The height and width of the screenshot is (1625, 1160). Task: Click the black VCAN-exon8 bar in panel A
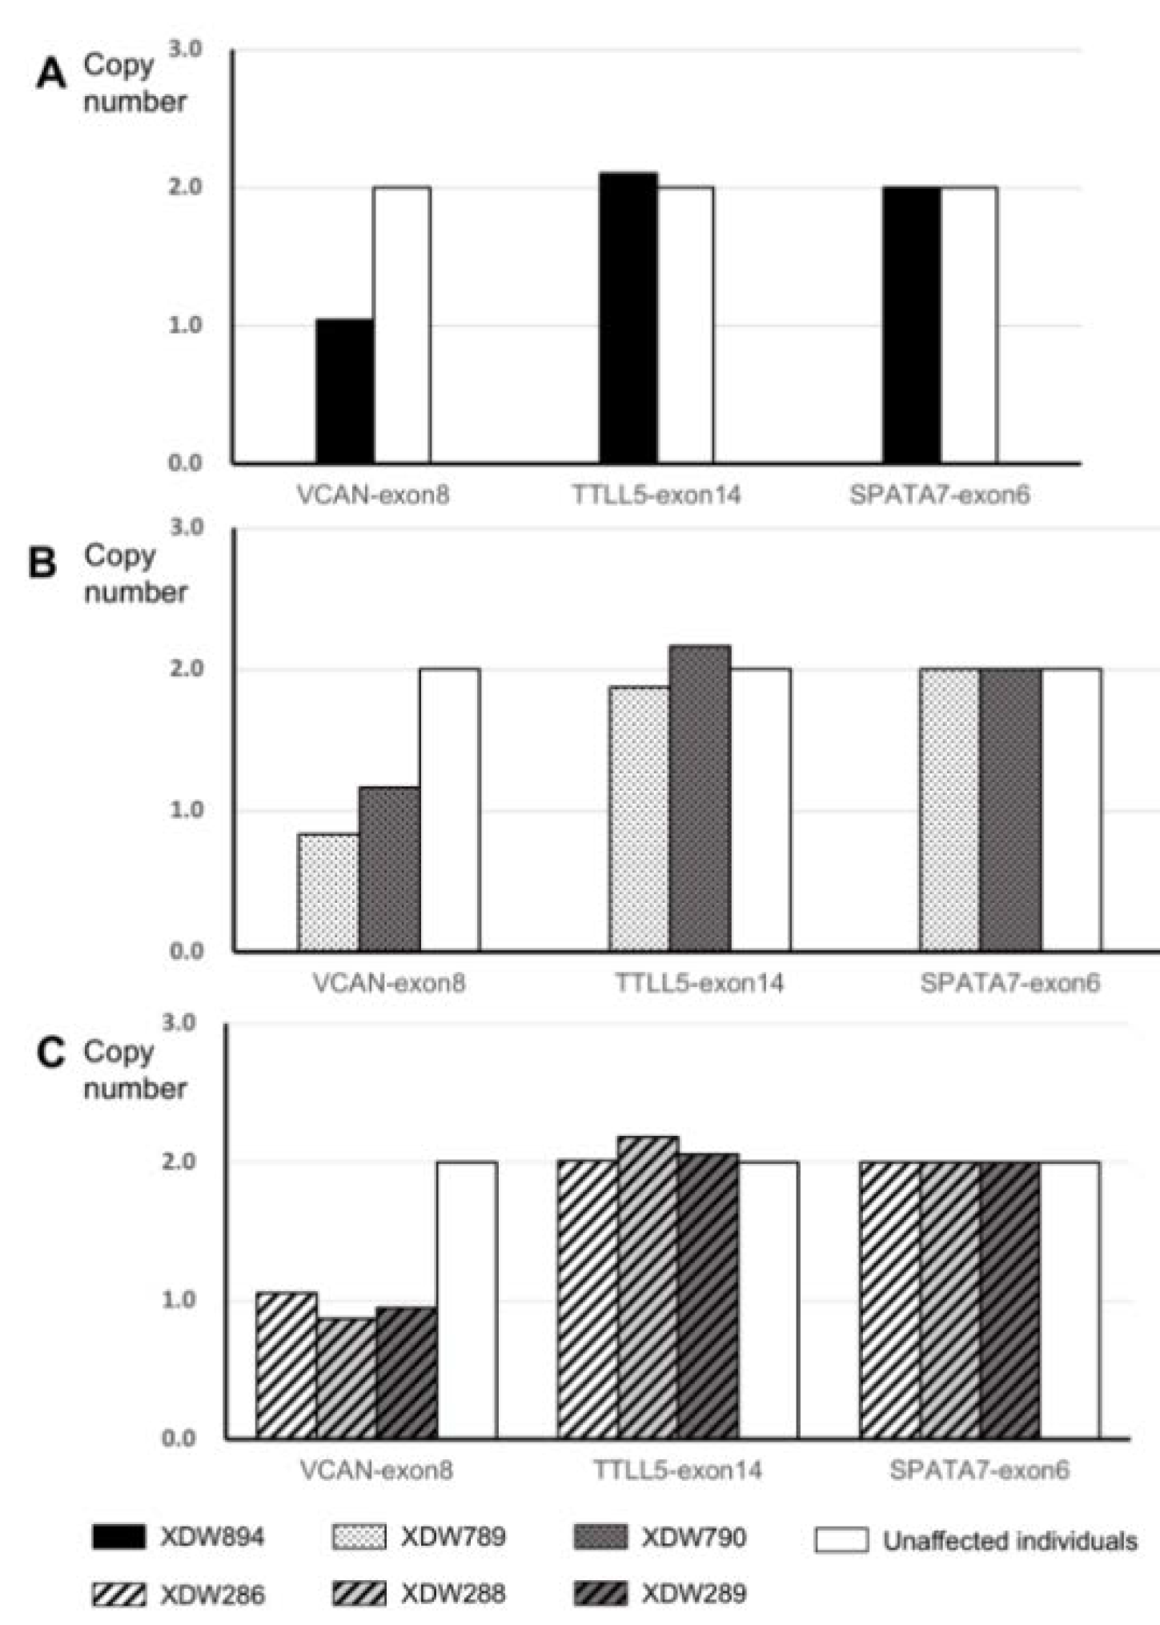[x=344, y=391]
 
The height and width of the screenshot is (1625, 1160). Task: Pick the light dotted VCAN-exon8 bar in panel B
[x=327, y=893]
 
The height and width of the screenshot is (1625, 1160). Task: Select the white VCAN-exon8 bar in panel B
[x=449, y=809]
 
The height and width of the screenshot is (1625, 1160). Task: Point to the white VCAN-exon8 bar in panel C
[x=466, y=1300]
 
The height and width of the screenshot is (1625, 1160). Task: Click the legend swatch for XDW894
[x=118, y=1537]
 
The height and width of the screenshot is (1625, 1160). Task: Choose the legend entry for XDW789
[x=418, y=1537]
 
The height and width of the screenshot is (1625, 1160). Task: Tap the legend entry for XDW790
[x=660, y=1537]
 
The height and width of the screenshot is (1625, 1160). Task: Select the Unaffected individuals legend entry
[x=976, y=1540]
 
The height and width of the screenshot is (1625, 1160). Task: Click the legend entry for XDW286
[x=178, y=1594]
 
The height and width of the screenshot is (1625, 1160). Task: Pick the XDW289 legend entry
[x=660, y=1593]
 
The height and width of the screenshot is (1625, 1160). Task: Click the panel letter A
[x=51, y=76]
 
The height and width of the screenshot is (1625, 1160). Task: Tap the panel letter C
[x=51, y=1053]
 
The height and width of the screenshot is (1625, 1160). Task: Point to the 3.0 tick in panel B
[x=186, y=528]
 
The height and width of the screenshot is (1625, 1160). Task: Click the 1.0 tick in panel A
[x=186, y=326]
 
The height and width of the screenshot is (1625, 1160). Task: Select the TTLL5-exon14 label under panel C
[x=677, y=1470]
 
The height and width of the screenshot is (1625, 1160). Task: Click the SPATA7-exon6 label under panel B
[x=1009, y=982]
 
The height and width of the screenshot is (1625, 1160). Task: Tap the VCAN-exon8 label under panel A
[x=373, y=495]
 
